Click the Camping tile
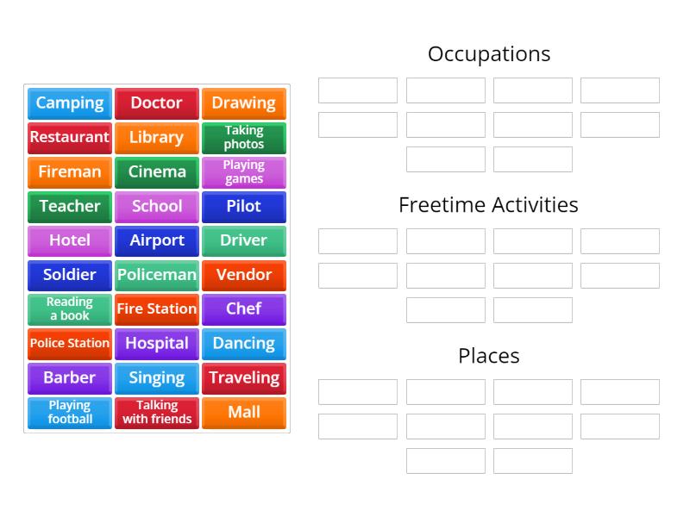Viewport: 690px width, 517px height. point(70,103)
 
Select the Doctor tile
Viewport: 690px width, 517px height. point(157,103)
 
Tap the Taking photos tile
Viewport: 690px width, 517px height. point(244,138)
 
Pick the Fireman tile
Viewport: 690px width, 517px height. point(70,172)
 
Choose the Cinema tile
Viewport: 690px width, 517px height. point(157,172)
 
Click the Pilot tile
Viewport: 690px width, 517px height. point(244,207)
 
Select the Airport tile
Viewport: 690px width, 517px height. point(157,240)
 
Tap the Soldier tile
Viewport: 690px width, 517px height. point(70,275)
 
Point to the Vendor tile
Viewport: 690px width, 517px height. point(244,275)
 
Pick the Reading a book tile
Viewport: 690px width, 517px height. point(70,309)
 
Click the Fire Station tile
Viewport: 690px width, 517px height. point(157,309)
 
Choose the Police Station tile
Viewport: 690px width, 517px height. point(70,343)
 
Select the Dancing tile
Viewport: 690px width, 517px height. point(244,343)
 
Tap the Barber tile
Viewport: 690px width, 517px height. point(70,377)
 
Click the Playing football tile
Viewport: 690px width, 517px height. point(70,412)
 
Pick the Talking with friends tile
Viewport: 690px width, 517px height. point(157,412)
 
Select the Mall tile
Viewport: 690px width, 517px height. point(244,412)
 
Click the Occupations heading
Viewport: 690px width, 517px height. point(489,54)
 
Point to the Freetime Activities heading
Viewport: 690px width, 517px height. point(489,205)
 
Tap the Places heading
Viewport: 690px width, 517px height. point(489,356)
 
